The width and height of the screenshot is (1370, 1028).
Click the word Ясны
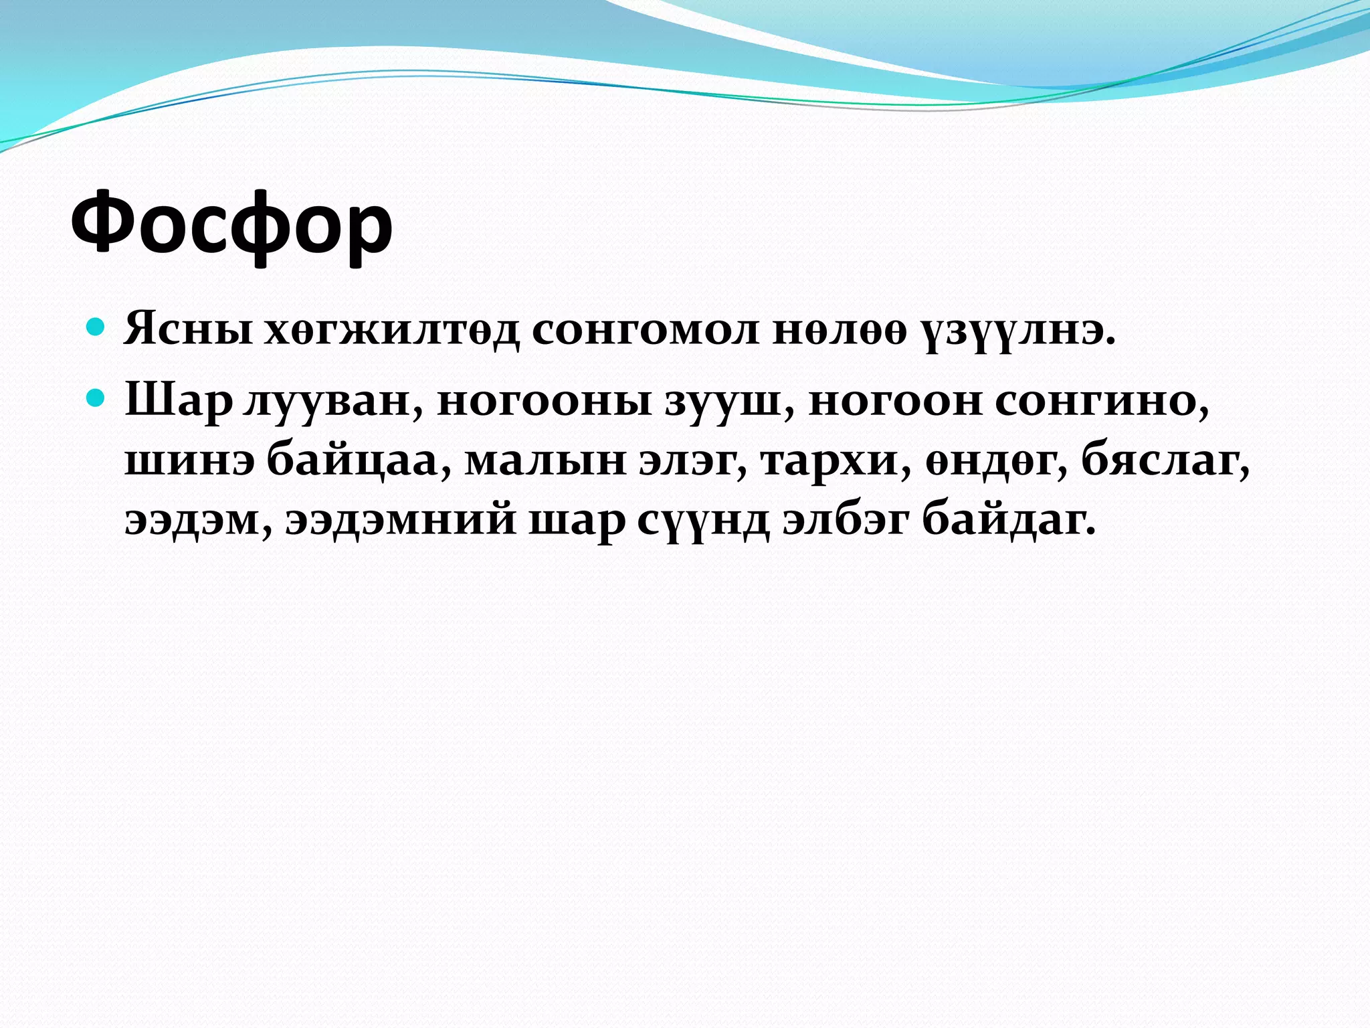(189, 329)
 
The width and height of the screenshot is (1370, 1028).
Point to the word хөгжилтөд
(391, 329)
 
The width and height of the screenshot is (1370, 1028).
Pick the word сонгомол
(646, 329)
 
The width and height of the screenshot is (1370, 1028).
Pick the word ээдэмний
(401, 519)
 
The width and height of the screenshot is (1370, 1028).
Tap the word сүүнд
(702, 519)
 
